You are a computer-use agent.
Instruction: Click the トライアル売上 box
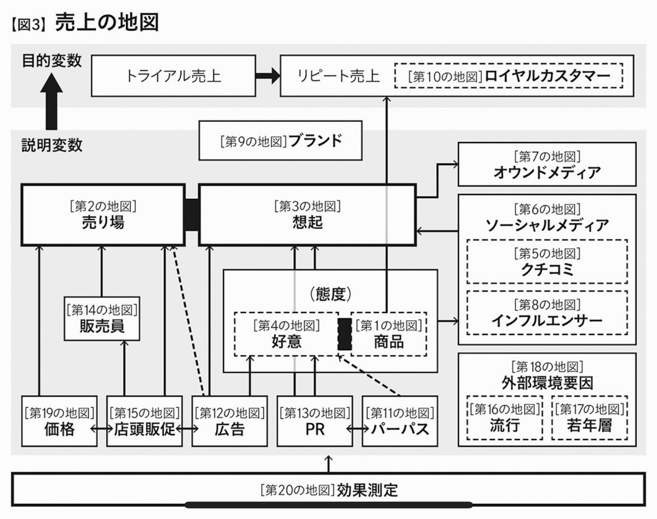pyautogui.click(x=173, y=75)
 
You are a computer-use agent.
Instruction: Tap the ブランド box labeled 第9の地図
pyautogui.click(x=280, y=140)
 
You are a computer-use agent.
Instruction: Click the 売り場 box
pyautogui.click(x=102, y=215)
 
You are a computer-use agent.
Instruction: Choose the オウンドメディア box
pyautogui.click(x=547, y=164)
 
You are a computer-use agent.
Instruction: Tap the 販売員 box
pyautogui.click(x=102, y=318)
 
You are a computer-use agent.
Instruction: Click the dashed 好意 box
pyautogui.click(x=285, y=334)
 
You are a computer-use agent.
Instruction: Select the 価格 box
pyautogui.click(x=57, y=420)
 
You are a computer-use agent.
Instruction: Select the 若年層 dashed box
pyautogui.click(x=589, y=418)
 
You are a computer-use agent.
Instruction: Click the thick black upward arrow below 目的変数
pyautogui.click(x=53, y=101)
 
